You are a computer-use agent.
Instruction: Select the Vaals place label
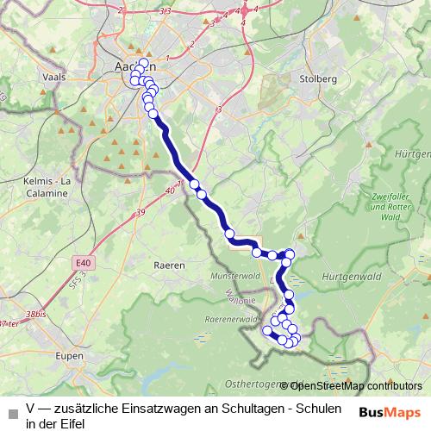(53, 77)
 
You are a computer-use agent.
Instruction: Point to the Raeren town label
(169, 265)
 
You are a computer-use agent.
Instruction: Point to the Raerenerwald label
(228, 319)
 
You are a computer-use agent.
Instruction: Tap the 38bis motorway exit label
(36, 315)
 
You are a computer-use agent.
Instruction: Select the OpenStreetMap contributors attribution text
(355, 385)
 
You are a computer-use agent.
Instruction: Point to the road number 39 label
(140, 212)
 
